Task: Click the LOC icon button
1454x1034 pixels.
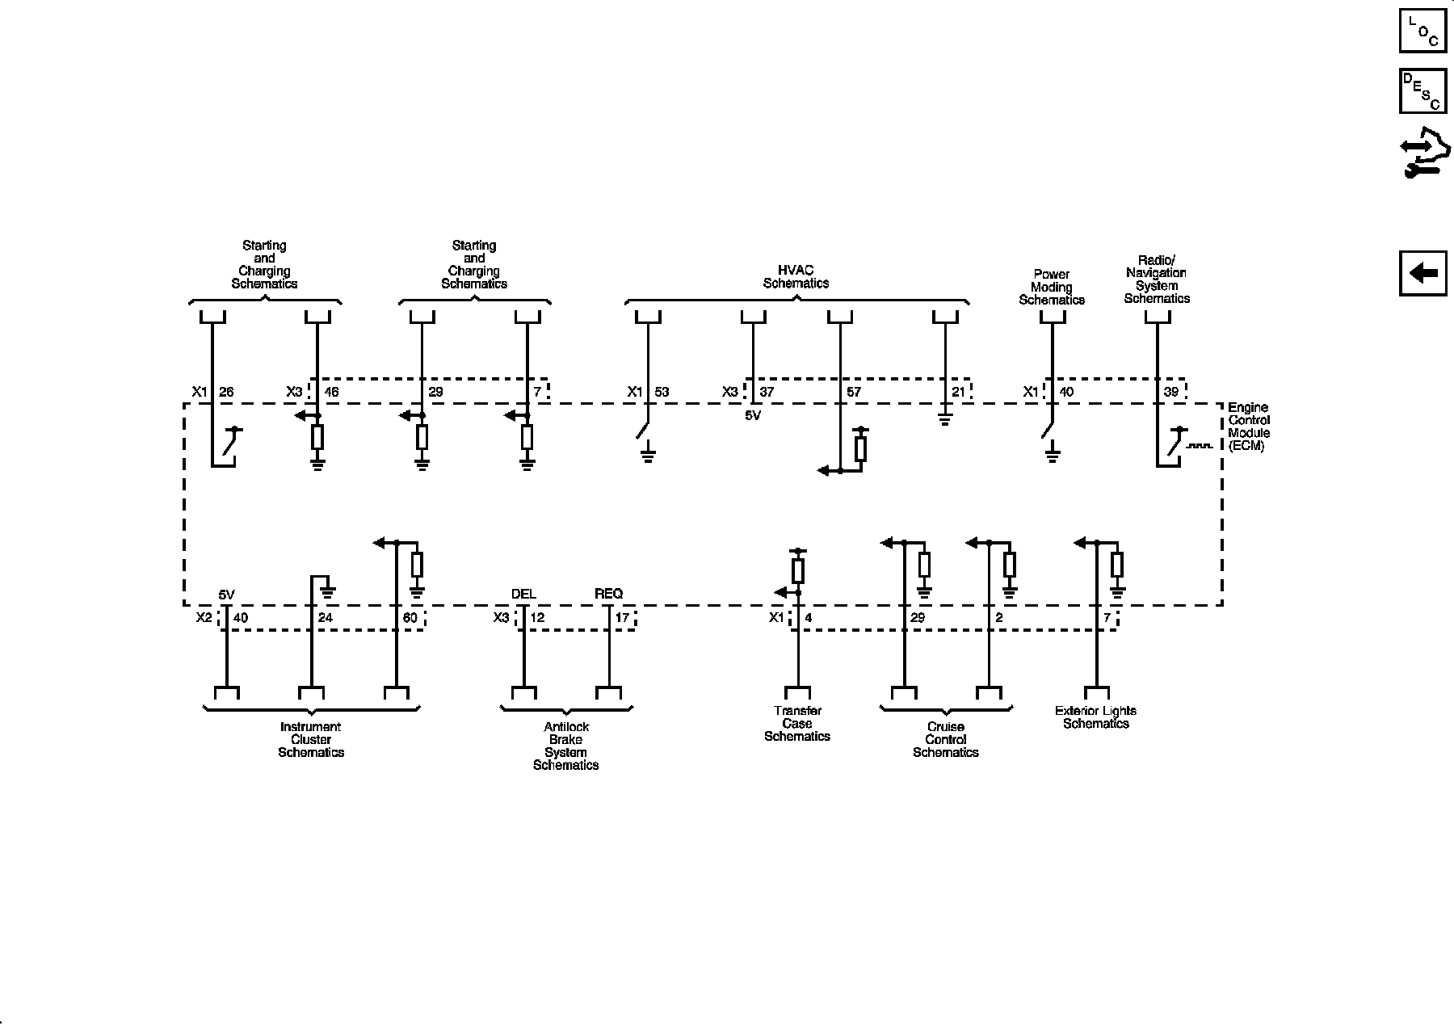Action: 1422,30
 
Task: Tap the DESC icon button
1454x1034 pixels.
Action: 1422,90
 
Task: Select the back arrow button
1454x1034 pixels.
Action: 1422,273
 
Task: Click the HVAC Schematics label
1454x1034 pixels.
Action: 796,277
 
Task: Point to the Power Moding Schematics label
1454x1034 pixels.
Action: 1051,287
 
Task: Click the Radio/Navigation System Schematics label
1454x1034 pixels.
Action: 1157,280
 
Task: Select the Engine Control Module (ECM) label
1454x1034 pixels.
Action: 1248,427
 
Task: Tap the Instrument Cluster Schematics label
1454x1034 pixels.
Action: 311,739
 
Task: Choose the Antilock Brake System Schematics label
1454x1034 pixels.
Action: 565,746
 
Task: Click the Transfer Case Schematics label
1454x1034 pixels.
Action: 797,723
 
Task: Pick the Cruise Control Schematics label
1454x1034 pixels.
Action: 945,739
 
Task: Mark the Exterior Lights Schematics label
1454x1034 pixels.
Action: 1095,717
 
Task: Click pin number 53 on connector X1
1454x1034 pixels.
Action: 662,393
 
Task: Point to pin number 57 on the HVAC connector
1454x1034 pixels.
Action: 854,393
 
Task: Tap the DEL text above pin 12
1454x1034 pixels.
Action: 523,594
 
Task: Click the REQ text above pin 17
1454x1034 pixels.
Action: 608,594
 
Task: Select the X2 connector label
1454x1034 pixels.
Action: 204,617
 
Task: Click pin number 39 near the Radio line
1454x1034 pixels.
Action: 1170,392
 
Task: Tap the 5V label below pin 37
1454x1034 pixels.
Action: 753,416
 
